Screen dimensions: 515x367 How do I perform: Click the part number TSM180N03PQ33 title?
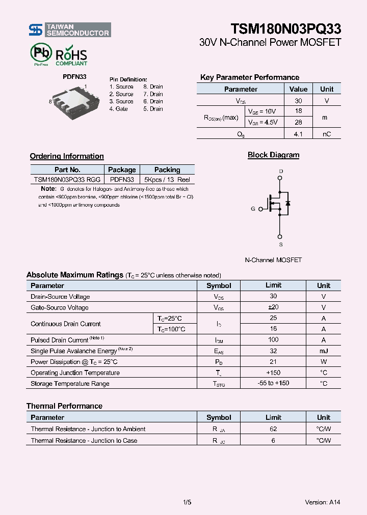click(285, 28)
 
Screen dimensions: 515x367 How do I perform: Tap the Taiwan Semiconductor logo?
click(69, 30)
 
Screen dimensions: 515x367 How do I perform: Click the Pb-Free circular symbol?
click(41, 53)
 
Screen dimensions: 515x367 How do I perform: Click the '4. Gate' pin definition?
click(118, 109)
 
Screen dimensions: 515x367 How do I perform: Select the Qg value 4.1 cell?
click(298, 134)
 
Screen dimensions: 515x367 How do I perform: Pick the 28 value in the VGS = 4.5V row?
click(298, 123)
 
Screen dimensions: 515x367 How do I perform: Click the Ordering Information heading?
click(67, 156)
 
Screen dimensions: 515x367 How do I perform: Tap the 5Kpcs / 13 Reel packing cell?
click(167, 180)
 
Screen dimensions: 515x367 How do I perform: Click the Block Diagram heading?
click(273, 155)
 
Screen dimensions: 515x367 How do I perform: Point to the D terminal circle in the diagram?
click(280, 178)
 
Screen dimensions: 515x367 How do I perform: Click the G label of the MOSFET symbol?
click(253, 209)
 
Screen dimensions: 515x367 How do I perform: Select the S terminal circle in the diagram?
click(280, 237)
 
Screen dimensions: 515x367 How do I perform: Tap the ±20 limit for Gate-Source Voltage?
click(273, 307)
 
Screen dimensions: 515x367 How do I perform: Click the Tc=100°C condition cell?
click(171, 329)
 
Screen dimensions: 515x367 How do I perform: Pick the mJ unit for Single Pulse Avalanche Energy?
click(323, 351)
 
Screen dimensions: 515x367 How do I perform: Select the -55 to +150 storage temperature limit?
click(273, 383)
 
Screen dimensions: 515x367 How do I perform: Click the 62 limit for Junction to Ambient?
click(273, 429)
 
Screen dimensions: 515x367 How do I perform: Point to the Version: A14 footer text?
click(322, 502)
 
